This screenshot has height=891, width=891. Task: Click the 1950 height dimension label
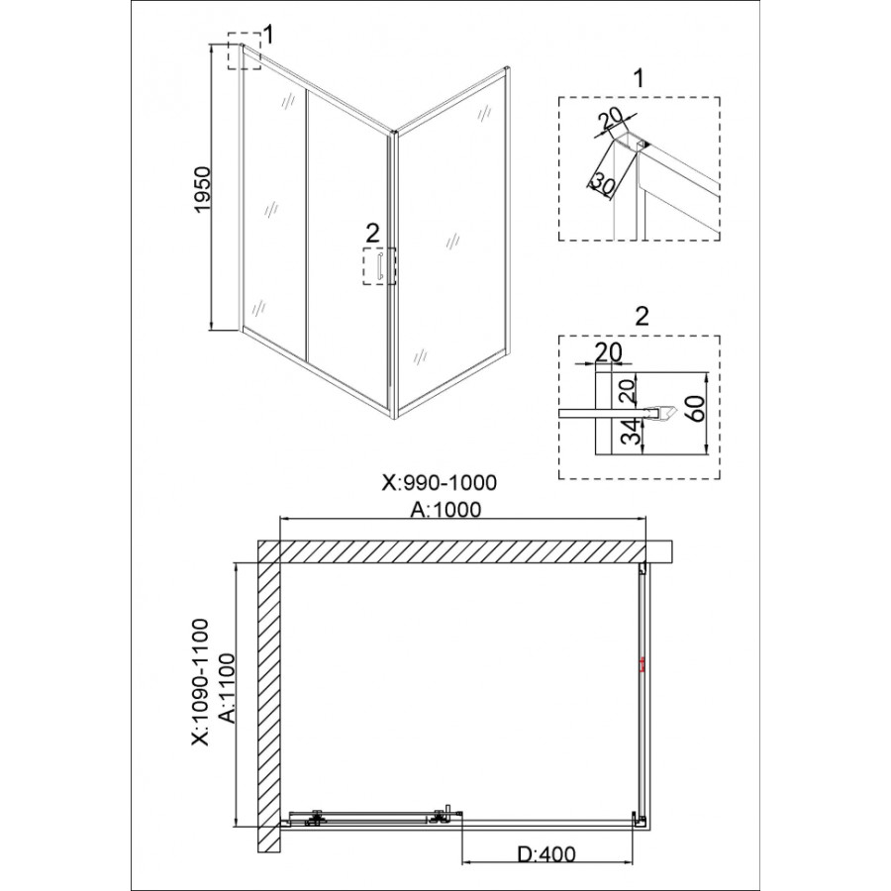coord(202,190)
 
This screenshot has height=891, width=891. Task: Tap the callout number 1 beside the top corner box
coord(268,35)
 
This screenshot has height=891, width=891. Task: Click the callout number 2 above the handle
coord(372,233)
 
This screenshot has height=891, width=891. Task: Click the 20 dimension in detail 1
coord(612,120)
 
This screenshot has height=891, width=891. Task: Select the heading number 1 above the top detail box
coord(640,78)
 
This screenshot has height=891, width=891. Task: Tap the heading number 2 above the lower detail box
coord(642,317)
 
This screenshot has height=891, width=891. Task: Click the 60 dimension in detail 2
coord(696,409)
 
